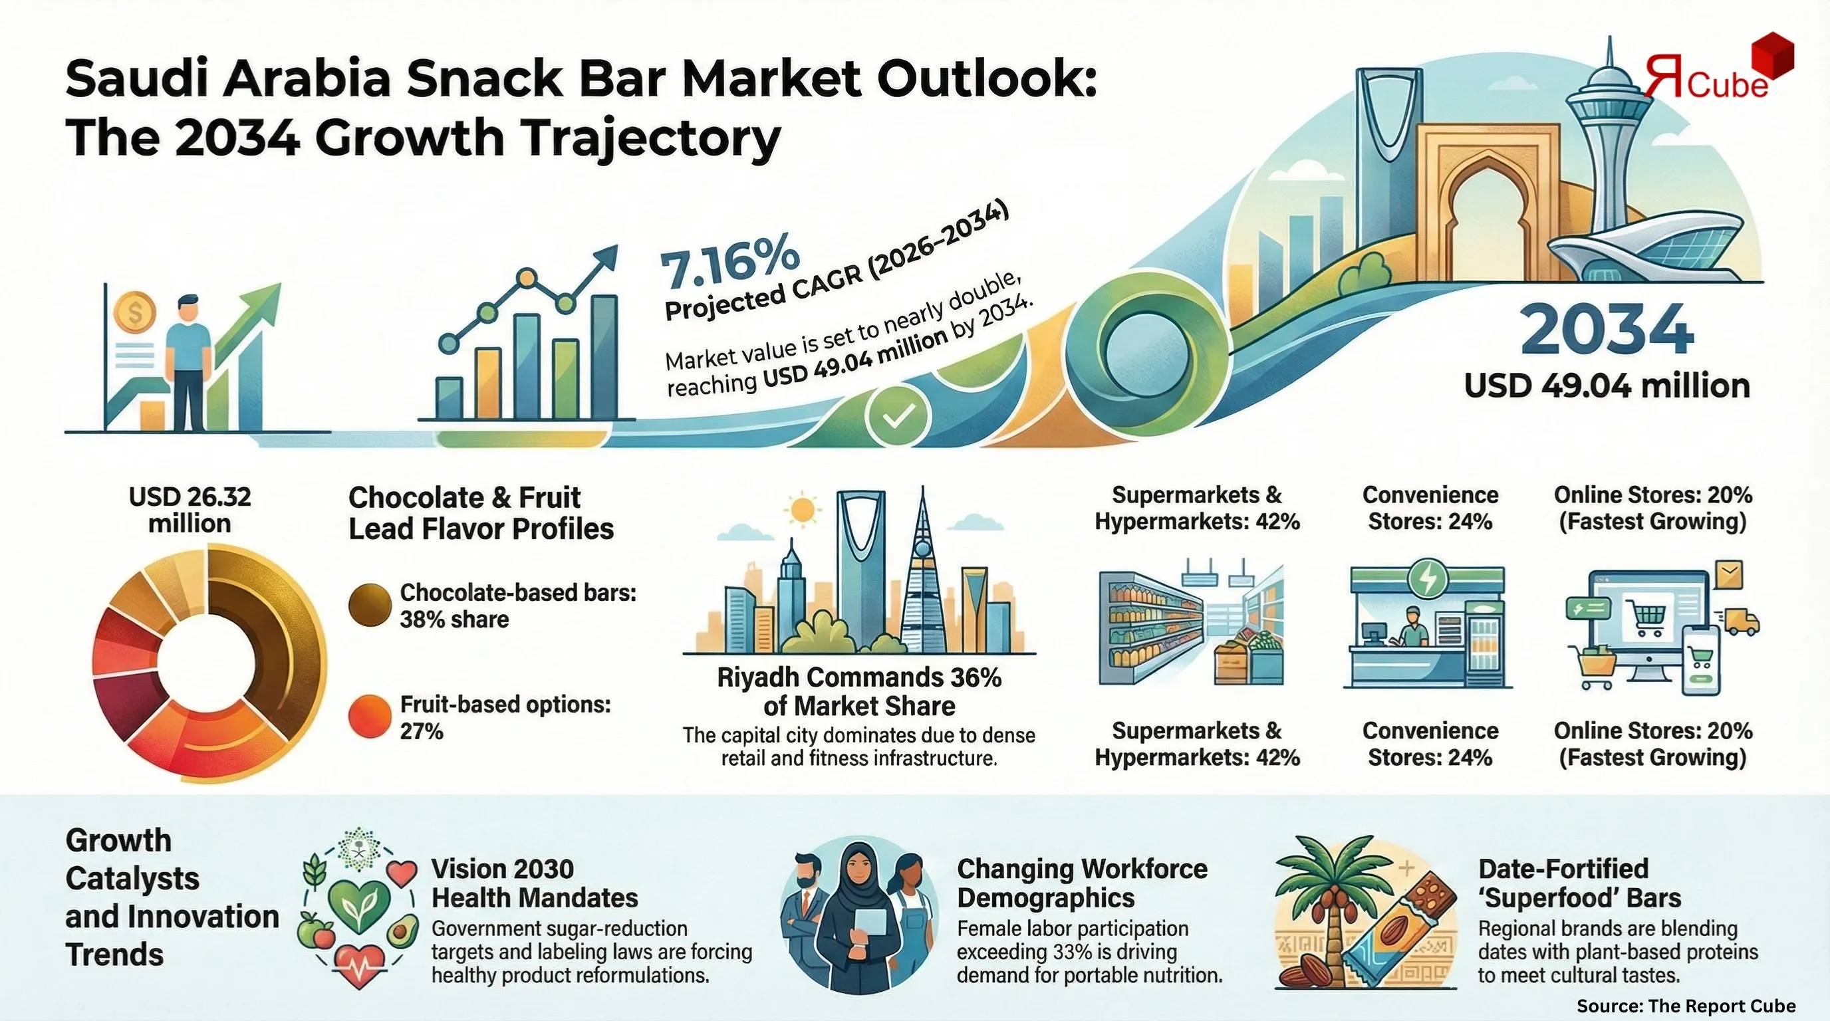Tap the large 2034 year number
point(1607,330)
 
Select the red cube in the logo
point(1766,55)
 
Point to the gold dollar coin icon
point(134,313)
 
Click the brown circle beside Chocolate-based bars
point(370,605)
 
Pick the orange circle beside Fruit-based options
point(370,717)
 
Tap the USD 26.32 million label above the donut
point(190,510)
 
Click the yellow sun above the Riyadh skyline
point(802,510)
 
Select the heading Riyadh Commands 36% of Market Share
point(859,691)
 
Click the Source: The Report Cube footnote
point(1686,1006)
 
